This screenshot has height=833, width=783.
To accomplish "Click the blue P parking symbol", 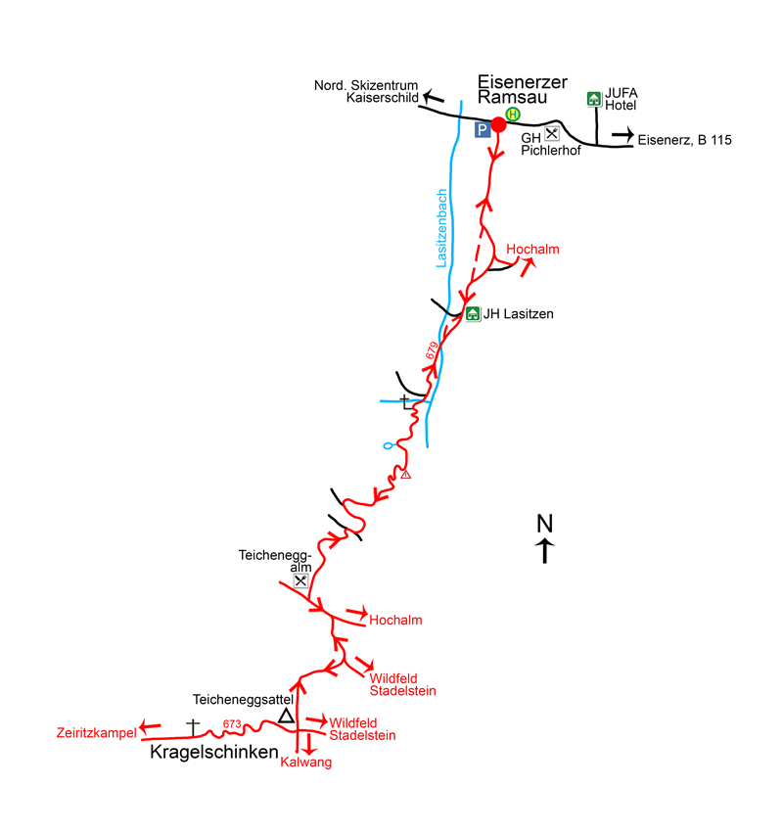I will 482,128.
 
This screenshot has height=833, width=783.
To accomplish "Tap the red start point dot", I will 498,123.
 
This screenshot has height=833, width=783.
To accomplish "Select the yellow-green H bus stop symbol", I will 512,115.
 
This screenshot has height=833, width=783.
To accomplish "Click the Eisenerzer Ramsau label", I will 522,90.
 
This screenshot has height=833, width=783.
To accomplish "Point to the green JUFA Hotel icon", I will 593,98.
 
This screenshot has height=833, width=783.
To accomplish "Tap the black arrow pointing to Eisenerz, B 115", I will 622,136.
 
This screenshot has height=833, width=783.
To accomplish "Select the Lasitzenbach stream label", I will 442,228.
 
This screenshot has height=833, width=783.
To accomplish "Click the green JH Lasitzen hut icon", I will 473,314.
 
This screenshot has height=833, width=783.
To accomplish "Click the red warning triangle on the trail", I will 405,475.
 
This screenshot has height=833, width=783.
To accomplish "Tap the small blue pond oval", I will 389,446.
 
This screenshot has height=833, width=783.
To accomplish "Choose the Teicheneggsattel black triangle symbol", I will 286,717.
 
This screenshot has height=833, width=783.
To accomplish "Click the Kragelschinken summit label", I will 213,753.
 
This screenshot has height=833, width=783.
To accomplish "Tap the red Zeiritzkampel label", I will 95,732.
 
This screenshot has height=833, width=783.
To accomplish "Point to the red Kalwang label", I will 306,764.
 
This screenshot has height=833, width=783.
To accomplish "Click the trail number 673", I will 232,724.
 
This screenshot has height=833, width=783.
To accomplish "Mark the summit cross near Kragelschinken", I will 193,726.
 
